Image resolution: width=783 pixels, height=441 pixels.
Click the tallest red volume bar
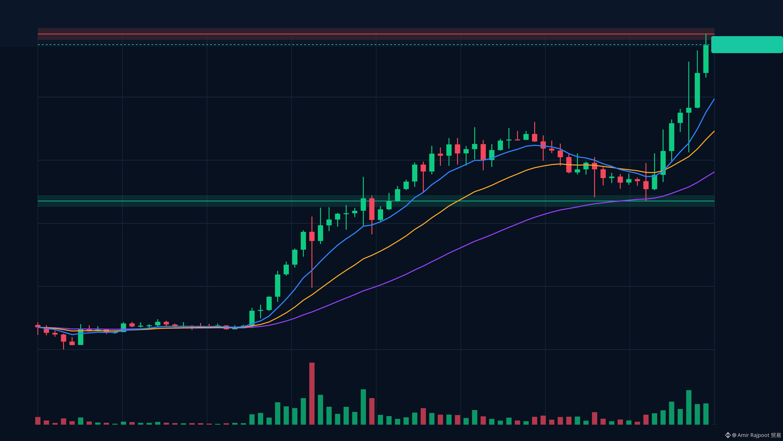pyautogui.click(x=312, y=393)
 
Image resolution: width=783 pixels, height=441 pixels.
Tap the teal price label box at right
pyautogui.click(x=747, y=45)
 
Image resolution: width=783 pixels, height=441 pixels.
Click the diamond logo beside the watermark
pyautogui.click(x=728, y=435)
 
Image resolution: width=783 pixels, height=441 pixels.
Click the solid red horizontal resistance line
pyautogui.click(x=376, y=34)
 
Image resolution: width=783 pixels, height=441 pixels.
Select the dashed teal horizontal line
pyautogui.click(x=376, y=45)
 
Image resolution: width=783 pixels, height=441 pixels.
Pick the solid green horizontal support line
pyautogui.click(x=376, y=201)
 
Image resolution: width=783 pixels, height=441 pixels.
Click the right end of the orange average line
pyautogui.click(x=714, y=131)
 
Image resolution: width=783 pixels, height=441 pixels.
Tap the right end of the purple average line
pyautogui.click(x=714, y=172)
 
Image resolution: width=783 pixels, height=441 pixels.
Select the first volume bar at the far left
pyautogui.click(x=38, y=421)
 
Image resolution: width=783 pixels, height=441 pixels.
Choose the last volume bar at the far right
pyautogui.click(x=706, y=414)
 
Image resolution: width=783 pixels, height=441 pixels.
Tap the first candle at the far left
pyautogui.click(x=38, y=326)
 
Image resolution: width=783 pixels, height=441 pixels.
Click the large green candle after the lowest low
pyautogui.click(x=80, y=337)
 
